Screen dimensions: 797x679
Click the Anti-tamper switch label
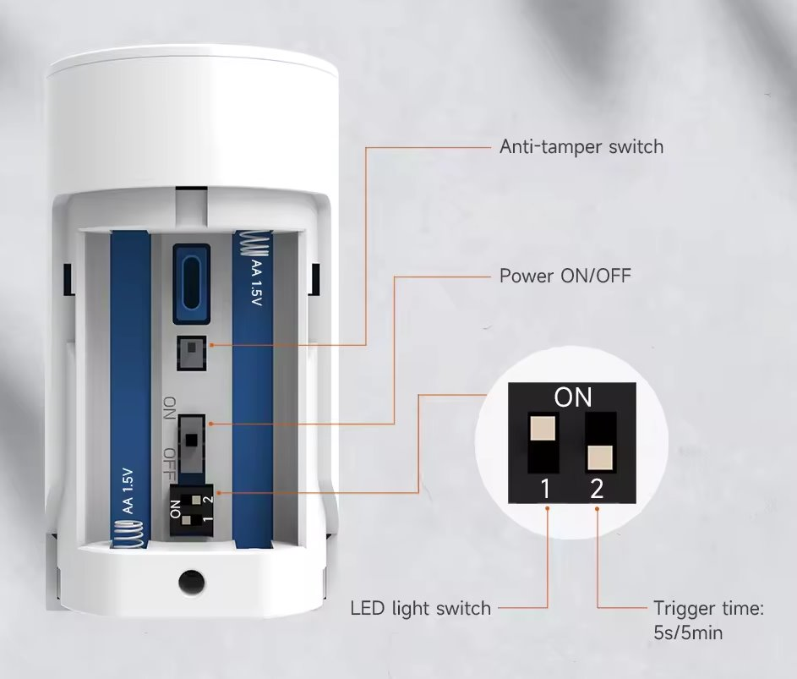point(581,146)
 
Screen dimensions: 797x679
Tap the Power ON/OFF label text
point(565,276)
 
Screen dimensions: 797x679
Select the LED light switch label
point(421,608)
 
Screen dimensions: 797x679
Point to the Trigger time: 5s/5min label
point(708,621)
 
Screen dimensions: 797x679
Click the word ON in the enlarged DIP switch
point(573,397)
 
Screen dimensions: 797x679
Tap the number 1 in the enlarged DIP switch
point(545,489)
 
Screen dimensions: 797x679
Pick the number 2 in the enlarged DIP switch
point(597,489)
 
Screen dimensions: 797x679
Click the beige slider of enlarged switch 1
point(543,428)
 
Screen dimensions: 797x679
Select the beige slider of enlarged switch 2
point(600,458)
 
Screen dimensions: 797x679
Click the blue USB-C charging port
point(192,284)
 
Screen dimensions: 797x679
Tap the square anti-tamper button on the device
point(192,353)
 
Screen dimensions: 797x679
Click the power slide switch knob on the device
point(191,440)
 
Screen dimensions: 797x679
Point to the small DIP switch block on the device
point(192,510)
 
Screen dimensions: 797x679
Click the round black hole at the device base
point(192,581)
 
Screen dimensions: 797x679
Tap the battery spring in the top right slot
point(253,244)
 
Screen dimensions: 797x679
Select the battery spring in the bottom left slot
point(129,535)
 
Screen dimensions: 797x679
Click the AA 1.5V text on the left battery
point(128,491)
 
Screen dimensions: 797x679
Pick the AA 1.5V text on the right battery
point(256,283)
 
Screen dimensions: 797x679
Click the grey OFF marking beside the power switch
point(170,465)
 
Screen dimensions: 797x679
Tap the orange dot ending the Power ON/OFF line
point(211,424)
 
